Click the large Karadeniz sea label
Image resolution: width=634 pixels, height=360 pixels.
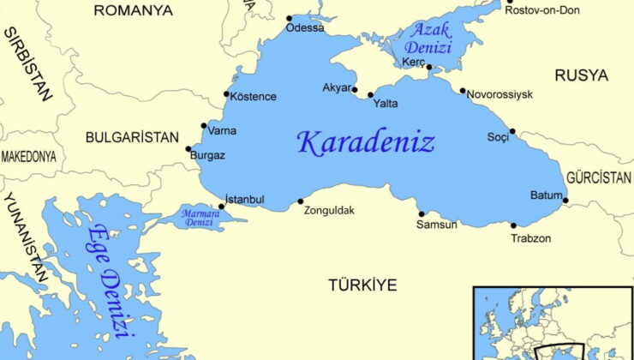366,142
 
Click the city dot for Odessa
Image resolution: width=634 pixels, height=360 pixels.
289,18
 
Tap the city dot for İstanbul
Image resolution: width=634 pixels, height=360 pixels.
222,206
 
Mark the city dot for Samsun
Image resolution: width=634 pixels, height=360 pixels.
421,214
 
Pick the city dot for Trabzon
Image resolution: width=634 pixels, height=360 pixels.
514,226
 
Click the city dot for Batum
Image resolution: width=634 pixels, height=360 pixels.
565,201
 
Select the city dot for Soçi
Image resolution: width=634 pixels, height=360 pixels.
512,131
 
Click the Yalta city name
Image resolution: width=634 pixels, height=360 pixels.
386,104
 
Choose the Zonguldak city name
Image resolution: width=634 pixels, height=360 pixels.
329,211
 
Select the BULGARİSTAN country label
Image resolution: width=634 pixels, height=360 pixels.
132,137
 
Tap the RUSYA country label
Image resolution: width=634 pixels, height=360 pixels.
581,75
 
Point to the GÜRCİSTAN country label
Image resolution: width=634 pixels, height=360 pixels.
599,178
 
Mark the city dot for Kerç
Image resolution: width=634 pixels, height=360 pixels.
429,68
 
